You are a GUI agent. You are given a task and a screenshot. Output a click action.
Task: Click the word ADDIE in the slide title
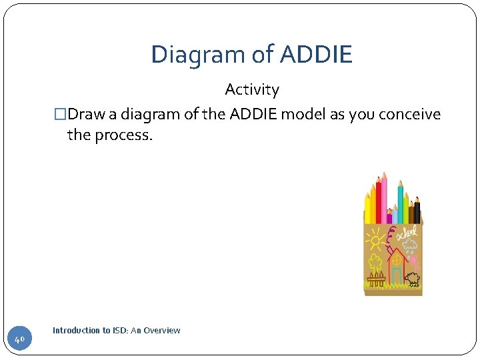click(x=316, y=55)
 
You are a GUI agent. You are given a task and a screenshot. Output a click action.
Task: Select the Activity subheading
click(x=252, y=89)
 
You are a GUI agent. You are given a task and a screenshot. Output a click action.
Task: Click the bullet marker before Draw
click(x=60, y=115)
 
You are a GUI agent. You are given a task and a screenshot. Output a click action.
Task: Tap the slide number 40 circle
click(x=19, y=339)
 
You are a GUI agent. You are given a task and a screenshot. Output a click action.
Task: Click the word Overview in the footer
click(x=163, y=331)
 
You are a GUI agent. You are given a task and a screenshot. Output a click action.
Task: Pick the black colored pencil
click(x=417, y=210)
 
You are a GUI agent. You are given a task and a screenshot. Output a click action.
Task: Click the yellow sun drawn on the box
click(x=375, y=238)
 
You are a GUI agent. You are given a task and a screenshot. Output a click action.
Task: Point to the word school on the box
click(x=407, y=233)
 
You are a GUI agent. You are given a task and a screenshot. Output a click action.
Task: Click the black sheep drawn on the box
click(x=413, y=278)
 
